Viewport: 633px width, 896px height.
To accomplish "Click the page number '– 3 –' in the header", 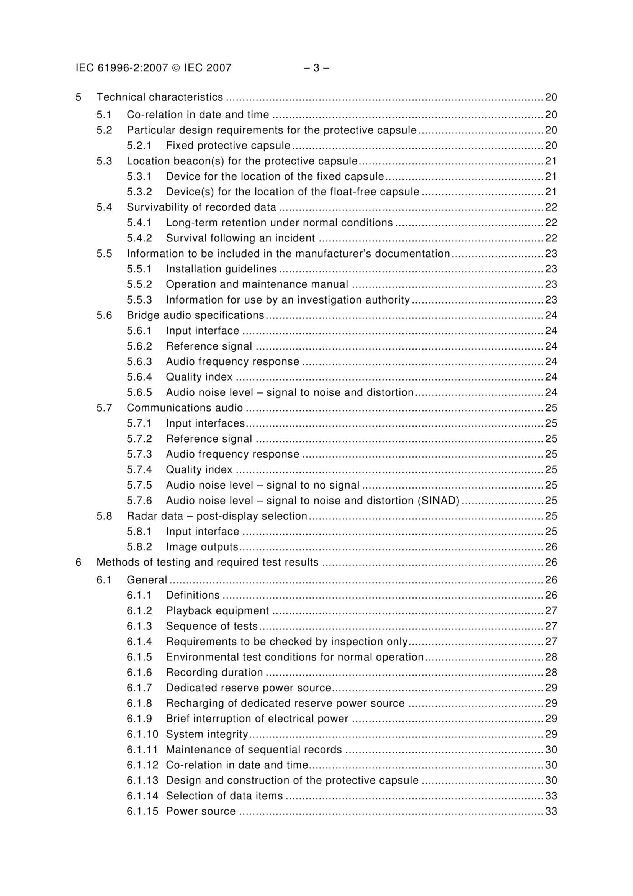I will pyautogui.click(x=316, y=68).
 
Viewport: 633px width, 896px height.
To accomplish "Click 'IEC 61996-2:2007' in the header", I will pyautogui.click(x=122, y=68).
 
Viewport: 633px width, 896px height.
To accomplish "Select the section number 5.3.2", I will pyautogui.click(x=139, y=192).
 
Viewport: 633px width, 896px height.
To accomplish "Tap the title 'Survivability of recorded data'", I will pyautogui.click(x=201, y=207).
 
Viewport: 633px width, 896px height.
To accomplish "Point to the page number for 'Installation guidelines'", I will pyautogui.click(x=551, y=269).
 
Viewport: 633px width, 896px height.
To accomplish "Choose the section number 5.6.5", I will pyautogui.click(x=139, y=392).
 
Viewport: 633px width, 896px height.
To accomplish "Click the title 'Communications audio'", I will pyautogui.click(x=185, y=408).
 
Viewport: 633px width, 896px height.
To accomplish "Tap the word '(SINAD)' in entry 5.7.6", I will pyautogui.click(x=438, y=500).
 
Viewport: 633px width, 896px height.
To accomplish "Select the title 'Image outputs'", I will pyautogui.click(x=202, y=547).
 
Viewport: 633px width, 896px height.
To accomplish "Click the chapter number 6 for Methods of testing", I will pyautogui.click(x=79, y=562).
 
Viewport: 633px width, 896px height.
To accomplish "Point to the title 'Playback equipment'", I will pyautogui.click(x=217, y=610).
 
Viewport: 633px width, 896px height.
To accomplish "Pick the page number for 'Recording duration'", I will pyautogui.click(x=551, y=672).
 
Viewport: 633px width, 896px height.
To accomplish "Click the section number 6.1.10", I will pyautogui.click(x=142, y=734).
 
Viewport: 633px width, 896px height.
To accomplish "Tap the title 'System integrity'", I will pyautogui.click(x=207, y=734).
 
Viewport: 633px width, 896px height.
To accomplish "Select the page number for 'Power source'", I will pyautogui.click(x=551, y=811).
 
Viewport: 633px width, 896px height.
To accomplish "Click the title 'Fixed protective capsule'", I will pyautogui.click(x=228, y=146).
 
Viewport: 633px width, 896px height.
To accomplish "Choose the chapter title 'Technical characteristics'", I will pyautogui.click(x=160, y=97).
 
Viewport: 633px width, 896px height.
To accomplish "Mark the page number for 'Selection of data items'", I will pyautogui.click(x=551, y=796).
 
